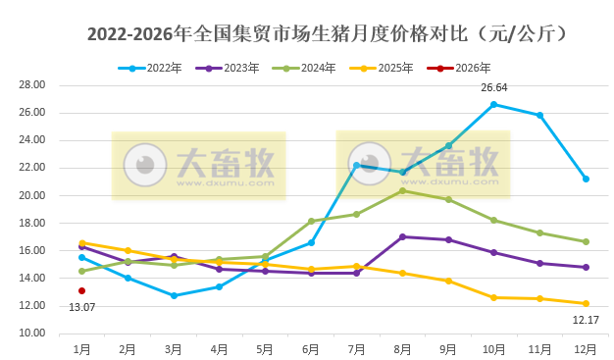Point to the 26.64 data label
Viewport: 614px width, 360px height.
click(x=493, y=88)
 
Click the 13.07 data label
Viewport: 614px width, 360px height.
click(x=81, y=307)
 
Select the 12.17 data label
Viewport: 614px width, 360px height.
click(x=586, y=320)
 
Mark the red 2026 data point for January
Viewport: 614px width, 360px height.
click(x=81, y=290)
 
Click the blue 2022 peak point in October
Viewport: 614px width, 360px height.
click(x=493, y=104)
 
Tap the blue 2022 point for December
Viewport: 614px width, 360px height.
click(x=586, y=179)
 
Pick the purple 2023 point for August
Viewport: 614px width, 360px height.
click(x=402, y=236)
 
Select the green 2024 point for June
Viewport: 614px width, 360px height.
click(x=311, y=221)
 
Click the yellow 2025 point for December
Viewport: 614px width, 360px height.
click(x=586, y=303)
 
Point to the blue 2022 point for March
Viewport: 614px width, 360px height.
click(x=173, y=295)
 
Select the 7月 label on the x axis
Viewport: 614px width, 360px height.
click(x=356, y=348)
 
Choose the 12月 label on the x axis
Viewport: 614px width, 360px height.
click(x=586, y=348)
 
